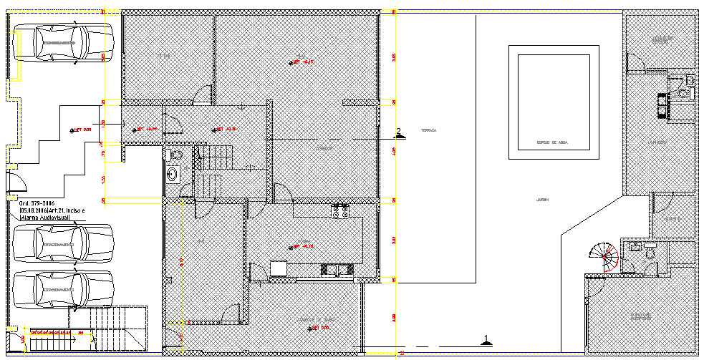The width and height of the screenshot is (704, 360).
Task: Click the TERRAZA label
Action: [x=428, y=130]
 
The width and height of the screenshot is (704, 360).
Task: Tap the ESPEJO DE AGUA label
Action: [x=552, y=143]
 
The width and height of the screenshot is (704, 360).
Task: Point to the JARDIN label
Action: [x=531, y=199]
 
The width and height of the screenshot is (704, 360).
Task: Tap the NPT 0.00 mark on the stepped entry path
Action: [x=81, y=130]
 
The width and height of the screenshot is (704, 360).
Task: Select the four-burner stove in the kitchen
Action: [x=340, y=210]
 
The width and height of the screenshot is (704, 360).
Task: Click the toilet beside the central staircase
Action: [x=175, y=154]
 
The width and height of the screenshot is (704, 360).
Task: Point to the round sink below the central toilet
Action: [x=173, y=173]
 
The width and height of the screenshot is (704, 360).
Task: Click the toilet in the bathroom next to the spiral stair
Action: [x=650, y=253]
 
